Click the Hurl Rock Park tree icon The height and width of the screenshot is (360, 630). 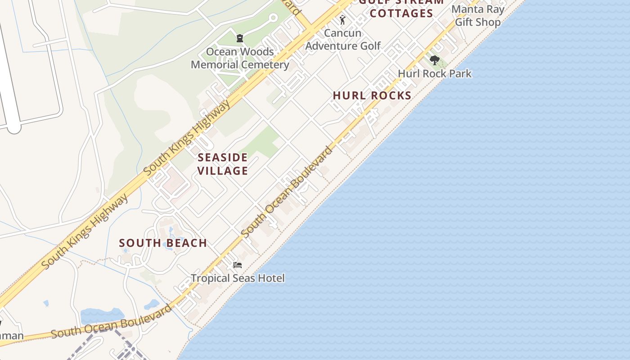point(434,60)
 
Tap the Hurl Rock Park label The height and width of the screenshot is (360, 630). point(435,73)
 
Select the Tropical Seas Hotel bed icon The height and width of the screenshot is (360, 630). point(238,265)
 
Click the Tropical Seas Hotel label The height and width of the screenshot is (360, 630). point(238,278)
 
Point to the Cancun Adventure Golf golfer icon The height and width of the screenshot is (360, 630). point(342,20)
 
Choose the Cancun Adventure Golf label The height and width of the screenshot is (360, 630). point(343,39)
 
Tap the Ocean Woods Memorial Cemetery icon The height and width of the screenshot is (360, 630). point(240,38)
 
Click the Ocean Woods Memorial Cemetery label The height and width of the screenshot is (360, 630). point(240,58)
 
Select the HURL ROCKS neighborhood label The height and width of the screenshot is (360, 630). point(372,95)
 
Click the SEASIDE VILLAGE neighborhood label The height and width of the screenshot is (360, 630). point(223,164)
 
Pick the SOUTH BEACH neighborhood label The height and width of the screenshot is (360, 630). point(163,243)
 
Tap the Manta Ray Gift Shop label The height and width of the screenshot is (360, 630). point(478,16)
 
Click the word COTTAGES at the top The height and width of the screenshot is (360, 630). point(401,13)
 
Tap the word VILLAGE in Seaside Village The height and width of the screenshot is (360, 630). point(223,171)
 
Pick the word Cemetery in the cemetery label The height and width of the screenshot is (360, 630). point(265,64)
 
